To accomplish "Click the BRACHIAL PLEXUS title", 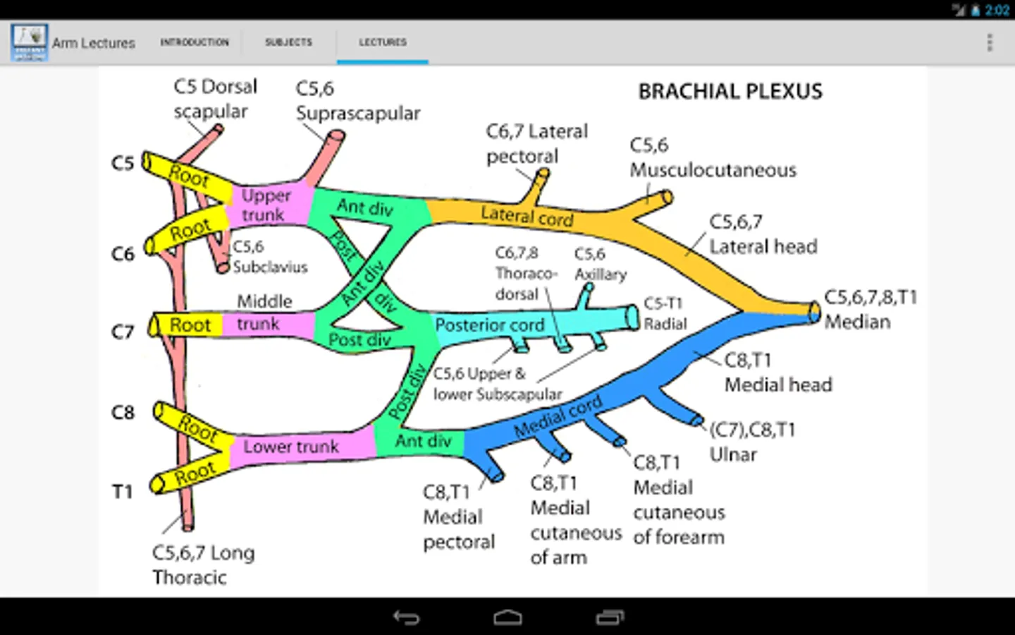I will coord(730,92).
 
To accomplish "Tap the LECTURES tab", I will coord(383,42).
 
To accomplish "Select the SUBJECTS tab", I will coord(288,42).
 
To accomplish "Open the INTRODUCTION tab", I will coord(195,42).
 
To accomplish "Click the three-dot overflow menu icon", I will coord(990,42).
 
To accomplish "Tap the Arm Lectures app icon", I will coord(29,42).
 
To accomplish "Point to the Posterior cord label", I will coord(490,325).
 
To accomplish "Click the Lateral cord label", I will coord(527,216).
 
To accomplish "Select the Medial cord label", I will coord(558,416).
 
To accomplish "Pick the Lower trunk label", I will coord(291,447).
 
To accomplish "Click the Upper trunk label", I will coord(265,205).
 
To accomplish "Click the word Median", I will coord(857,322).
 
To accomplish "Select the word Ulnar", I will coord(733,454).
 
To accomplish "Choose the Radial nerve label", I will coord(665,324).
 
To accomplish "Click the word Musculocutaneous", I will coord(713,170).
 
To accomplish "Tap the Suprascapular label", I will coord(357,113).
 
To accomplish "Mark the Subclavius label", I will coord(270,267).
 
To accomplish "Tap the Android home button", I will coord(508,618).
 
